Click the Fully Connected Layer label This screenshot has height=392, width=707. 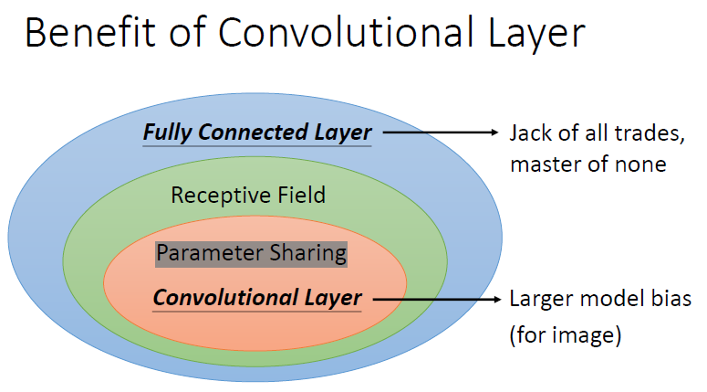click(256, 132)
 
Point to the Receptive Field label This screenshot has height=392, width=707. click(248, 195)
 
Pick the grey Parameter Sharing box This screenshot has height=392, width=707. click(252, 252)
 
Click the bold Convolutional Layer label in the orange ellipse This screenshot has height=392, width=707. click(257, 298)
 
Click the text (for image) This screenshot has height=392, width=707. click(566, 334)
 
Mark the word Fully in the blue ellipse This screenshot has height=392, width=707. click(166, 132)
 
